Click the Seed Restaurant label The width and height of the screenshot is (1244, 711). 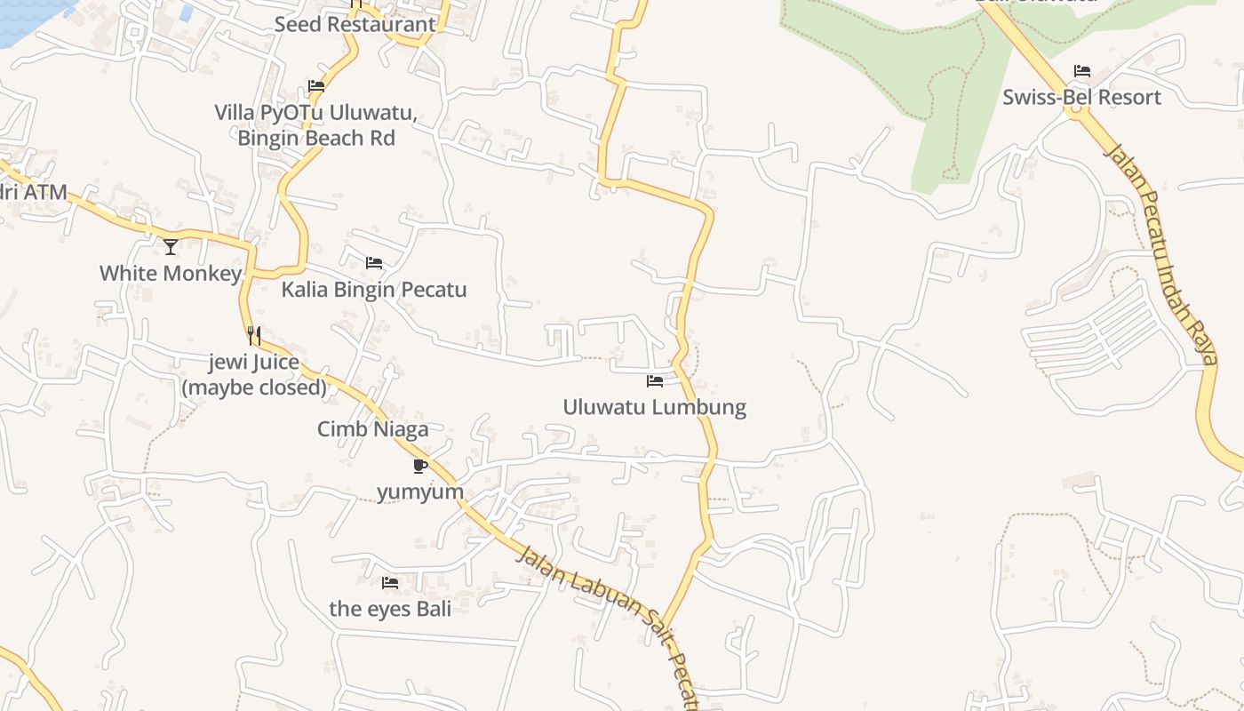click(355, 24)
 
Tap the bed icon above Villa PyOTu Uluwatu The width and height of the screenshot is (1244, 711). click(316, 86)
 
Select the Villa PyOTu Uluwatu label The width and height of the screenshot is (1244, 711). click(316, 125)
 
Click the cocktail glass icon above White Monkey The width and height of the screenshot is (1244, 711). click(171, 246)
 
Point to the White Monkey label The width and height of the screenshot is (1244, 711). click(171, 273)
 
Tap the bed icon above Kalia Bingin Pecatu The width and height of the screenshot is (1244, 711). click(374, 263)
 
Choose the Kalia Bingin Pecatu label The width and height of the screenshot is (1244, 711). click(374, 290)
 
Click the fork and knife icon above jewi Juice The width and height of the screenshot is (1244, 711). click(254, 335)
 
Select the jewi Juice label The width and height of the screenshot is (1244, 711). click(254, 374)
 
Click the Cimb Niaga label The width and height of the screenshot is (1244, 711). click(373, 429)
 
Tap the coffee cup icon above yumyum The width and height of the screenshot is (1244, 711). click(420, 466)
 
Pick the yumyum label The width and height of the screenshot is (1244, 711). click(420, 491)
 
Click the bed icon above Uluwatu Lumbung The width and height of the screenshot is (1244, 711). click(655, 381)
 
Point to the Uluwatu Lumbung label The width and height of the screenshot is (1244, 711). click(655, 407)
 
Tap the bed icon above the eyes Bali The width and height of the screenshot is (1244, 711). click(390, 583)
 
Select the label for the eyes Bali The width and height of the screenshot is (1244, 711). click(390, 609)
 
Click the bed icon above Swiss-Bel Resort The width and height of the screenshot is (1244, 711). click(1082, 71)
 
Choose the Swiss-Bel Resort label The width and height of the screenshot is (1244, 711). click(1082, 97)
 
